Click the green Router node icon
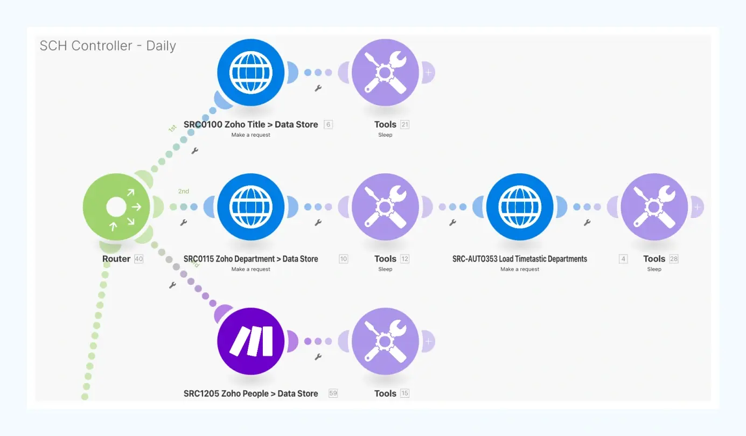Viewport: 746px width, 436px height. [x=116, y=207]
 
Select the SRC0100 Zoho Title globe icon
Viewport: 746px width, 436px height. [x=250, y=72]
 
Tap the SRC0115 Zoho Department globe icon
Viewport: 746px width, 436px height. [x=250, y=207]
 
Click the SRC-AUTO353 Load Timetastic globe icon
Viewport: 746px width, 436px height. [x=520, y=207]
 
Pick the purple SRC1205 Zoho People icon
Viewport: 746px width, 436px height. [x=250, y=341]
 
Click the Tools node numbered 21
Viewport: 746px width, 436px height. [x=385, y=72]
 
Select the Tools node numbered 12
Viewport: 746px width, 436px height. [x=385, y=207]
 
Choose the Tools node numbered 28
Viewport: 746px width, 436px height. [x=654, y=207]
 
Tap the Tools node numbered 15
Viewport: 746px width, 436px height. [x=385, y=341]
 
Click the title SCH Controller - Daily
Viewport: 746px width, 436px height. [x=108, y=46]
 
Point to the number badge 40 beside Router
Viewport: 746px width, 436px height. [x=139, y=259]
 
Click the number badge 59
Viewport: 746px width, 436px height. [x=333, y=393]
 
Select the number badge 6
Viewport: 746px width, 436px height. [x=328, y=124]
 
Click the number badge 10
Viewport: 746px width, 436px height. [x=343, y=259]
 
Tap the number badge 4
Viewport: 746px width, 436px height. [x=623, y=259]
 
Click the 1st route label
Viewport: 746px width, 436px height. [x=172, y=129]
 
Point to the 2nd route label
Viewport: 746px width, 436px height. [x=184, y=191]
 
